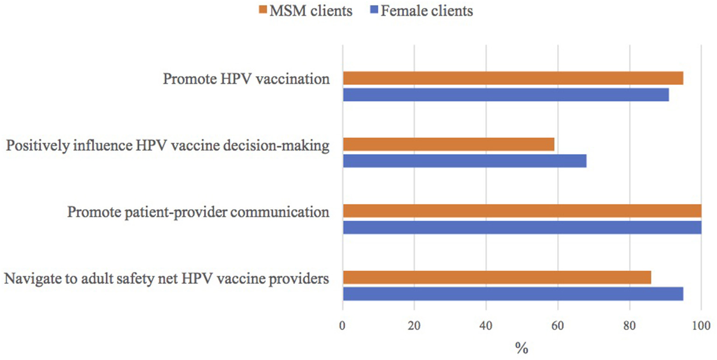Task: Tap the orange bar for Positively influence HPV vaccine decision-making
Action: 448,144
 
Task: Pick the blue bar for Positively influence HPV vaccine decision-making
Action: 464,161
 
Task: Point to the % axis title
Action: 522,347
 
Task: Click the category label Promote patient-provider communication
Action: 199,212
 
